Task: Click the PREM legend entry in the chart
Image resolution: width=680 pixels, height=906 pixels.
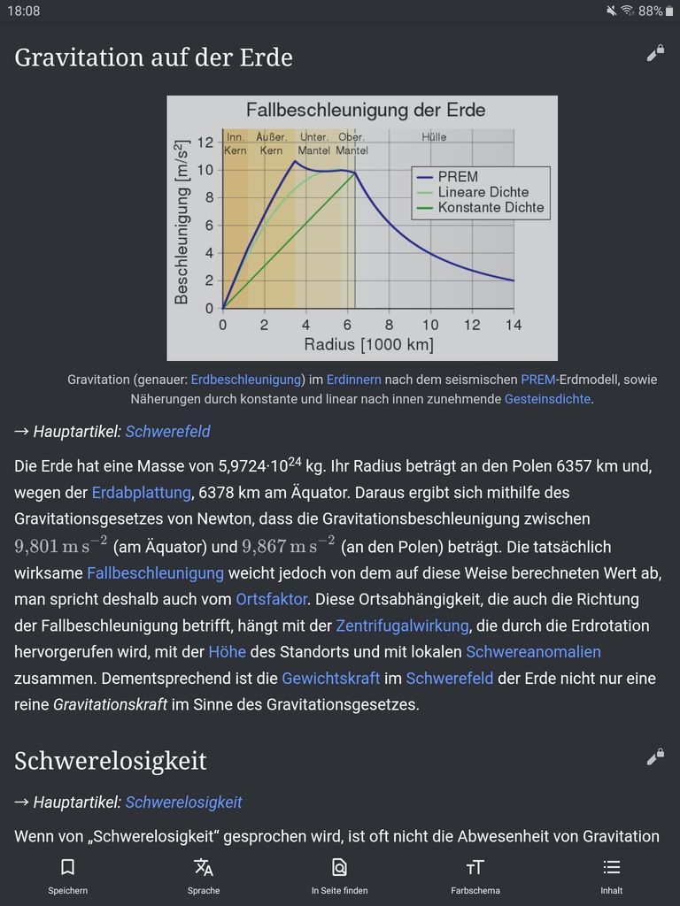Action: [457, 177]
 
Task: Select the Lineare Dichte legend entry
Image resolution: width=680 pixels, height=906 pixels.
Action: [483, 192]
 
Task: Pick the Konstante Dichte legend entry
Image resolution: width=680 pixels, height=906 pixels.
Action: [491, 208]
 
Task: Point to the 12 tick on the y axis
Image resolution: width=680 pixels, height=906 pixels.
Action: [205, 142]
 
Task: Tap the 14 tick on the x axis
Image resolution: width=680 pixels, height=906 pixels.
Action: [514, 325]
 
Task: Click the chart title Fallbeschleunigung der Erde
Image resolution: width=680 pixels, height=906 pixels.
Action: [365, 111]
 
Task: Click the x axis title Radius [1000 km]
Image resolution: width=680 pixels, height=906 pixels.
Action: [368, 344]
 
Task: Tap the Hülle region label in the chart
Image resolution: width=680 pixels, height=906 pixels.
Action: [434, 137]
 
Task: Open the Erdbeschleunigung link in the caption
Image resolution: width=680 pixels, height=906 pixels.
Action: [246, 380]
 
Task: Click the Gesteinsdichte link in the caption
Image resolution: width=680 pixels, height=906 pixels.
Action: [547, 399]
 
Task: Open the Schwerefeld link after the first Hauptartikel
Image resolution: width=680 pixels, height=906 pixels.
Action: [167, 432]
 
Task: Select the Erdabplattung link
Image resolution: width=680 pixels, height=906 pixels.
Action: [141, 492]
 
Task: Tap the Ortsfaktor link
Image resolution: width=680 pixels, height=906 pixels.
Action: [272, 599]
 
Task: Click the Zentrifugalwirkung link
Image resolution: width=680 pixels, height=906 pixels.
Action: [402, 626]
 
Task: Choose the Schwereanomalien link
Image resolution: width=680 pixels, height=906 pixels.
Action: [533, 652]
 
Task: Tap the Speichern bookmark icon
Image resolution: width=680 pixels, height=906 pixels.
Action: [67, 867]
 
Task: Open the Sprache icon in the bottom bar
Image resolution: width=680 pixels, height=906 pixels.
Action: [204, 867]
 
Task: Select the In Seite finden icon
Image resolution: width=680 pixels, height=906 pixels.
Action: [339, 867]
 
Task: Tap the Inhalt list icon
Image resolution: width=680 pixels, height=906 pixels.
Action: [611, 867]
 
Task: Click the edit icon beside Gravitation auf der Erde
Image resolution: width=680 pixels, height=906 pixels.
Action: [655, 54]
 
